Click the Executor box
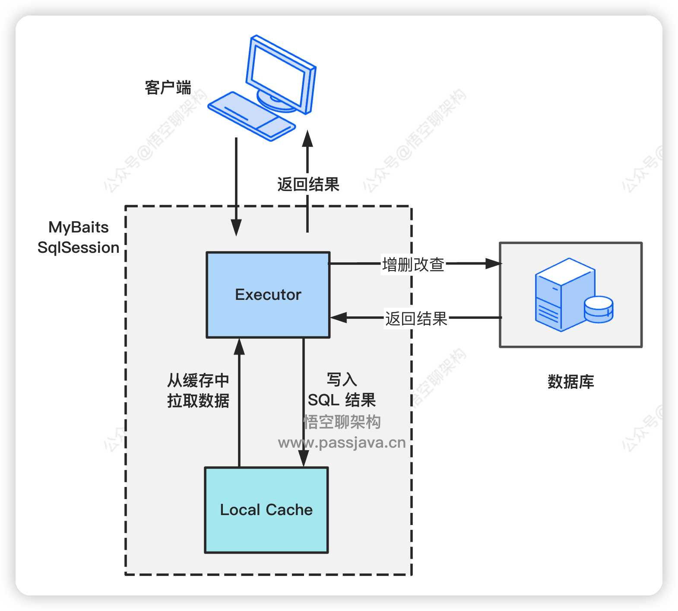click(x=268, y=295)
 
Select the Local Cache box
click(x=266, y=510)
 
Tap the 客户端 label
click(x=168, y=87)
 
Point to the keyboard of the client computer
click(x=251, y=116)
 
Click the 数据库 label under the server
click(x=570, y=382)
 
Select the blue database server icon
click(x=566, y=295)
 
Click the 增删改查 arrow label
click(x=413, y=264)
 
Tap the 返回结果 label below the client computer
click(x=308, y=185)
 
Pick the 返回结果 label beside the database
click(x=416, y=319)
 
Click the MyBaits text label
click(x=78, y=227)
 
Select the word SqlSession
click(x=78, y=248)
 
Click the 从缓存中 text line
click(x=198, y=381)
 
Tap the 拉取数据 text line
click(x=198, y=401)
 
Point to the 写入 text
click(x=342, y=380)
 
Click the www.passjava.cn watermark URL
click(x=342, y=443)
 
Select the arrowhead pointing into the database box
click(x=493, y=264)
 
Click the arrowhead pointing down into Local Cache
click(x=304, y=458)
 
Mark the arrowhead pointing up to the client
click(x=307, y=139)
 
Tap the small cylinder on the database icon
click(x=599, y=309)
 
